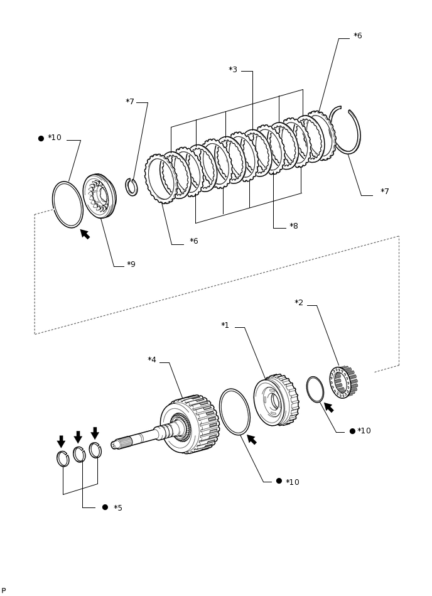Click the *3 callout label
(x=233, y=70)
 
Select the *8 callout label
(x=293, y=226)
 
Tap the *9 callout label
(x=131, y=264)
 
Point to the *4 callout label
(x=152, y=360)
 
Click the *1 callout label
(x=225, y=325)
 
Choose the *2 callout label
(x=299, y=303)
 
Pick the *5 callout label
(x=117, y=508)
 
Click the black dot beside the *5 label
(x=105, y=507)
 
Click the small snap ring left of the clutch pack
(x=131, y=187)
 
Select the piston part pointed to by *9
(x=99, y=196)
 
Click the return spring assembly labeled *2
(x=343, y=382)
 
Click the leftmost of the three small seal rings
(x=63, y=459)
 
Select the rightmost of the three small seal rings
(x=95, y=450)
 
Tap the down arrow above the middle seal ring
(x=78, y=437)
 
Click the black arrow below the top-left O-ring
(x=85, y=234)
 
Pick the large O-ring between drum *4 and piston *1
(x=234, y=412)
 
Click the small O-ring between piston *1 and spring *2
(x=315, y=389)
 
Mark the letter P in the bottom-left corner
(x=4, y=591)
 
